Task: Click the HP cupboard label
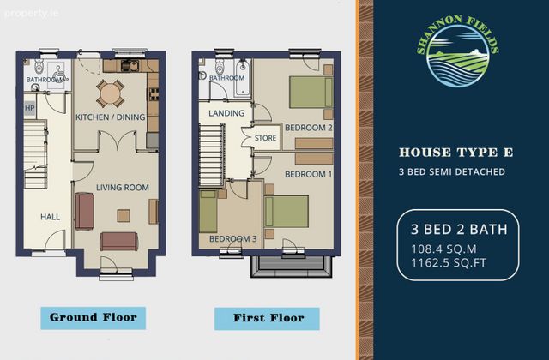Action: pos(30,108)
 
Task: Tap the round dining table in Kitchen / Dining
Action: pos(110,93)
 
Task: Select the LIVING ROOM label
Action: pos(123,188)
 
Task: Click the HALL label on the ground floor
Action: pos(50,217)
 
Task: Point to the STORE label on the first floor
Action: pos(265,138)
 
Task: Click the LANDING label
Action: pos(226,113)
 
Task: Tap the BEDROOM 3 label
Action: pos(232,239)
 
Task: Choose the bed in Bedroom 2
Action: pos(311,93)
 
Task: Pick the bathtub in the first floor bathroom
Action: pos(243,79)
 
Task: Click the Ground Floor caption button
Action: pos(94,318)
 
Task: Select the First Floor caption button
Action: pos(267,319)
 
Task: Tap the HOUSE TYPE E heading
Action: pos(455,153)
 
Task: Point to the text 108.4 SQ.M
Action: pos(443,249)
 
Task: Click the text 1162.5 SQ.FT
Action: pos(449,263)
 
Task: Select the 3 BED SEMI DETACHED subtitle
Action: pos(452,171)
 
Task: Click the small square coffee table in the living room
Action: pos(124,216)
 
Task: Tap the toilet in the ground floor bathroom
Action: pos(39,66)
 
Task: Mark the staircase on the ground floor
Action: pos(35,154)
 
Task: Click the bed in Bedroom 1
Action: pos(287,212)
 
